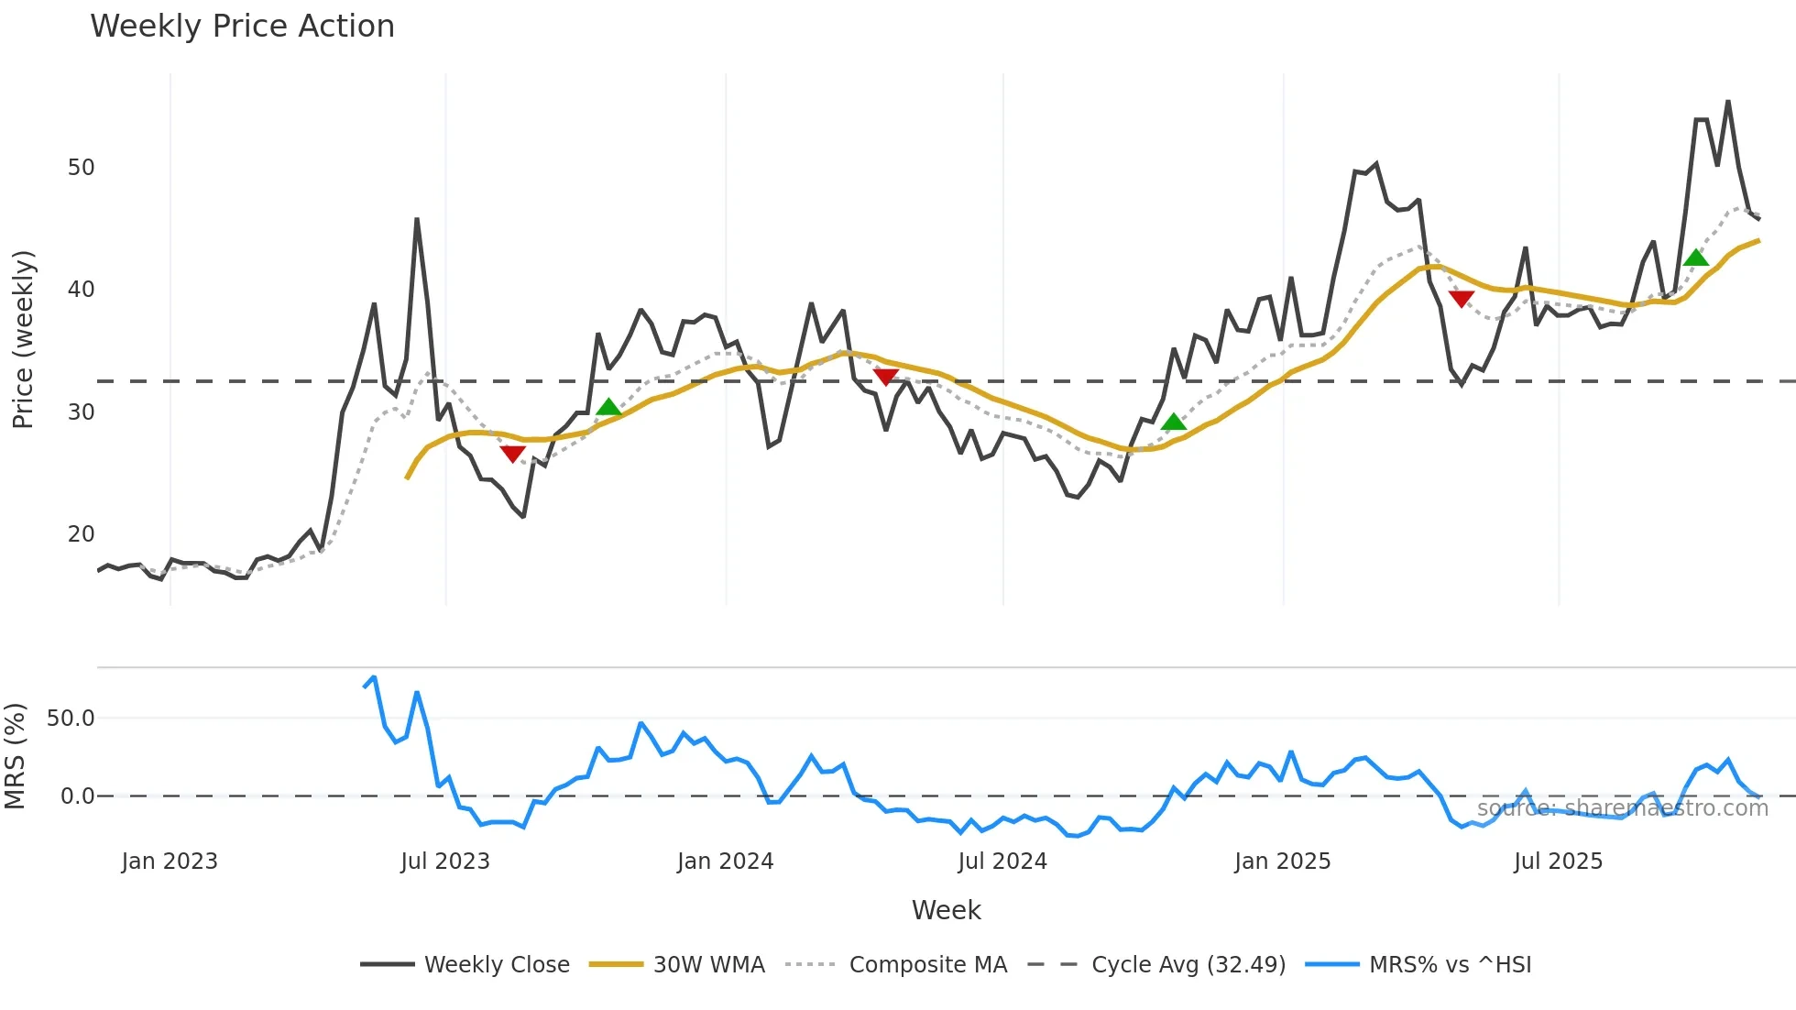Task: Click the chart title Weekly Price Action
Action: coord(242,27)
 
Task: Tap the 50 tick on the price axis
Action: coord(81,168)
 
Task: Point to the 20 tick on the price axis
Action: coord(81,534)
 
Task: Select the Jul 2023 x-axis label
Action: coord(445,862)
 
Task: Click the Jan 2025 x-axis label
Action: coord(1282,862)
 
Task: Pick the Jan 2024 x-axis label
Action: coord(725,862)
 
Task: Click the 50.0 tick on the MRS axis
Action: coord(71,719)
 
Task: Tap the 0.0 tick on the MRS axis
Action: coord(77,796)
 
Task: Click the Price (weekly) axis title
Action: coord(23,339)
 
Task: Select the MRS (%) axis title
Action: coord(16,756)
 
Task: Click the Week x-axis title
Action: coord(946,910)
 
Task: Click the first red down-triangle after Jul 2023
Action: coord(513,454)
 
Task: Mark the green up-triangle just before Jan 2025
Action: coord(1174,423)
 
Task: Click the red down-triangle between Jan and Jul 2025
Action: coord(1462,299)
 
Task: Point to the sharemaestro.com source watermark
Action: coord(1622,808)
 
